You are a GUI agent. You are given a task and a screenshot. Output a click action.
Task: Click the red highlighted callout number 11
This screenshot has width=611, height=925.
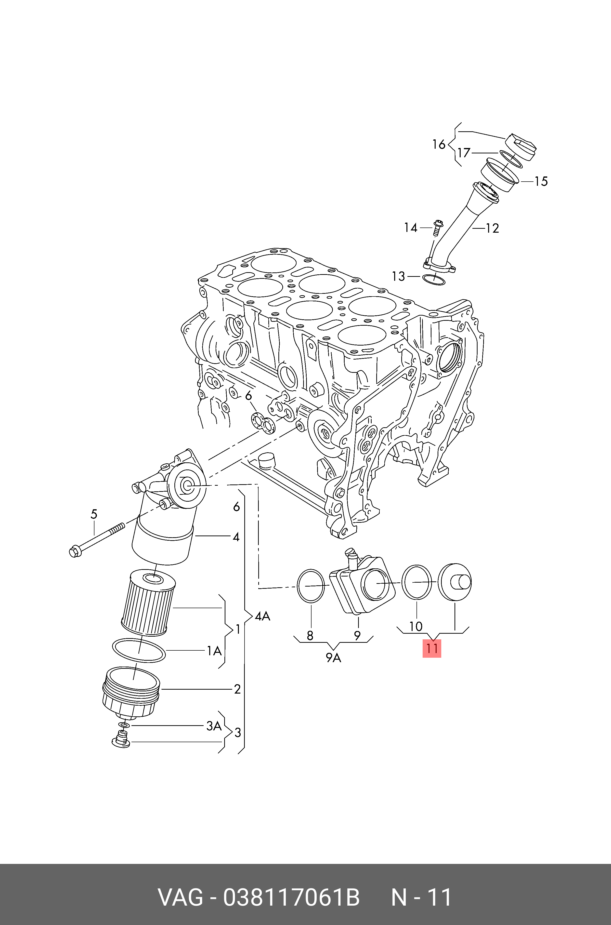click(x=432, y=649)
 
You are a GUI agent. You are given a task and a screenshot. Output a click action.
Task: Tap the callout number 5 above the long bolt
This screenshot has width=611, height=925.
click(x=94, y=514)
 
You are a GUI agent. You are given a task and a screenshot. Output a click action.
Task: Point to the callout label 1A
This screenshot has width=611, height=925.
click(x=214, y=651)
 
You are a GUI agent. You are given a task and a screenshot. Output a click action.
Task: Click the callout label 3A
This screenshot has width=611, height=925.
click(x=214, y=726)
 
